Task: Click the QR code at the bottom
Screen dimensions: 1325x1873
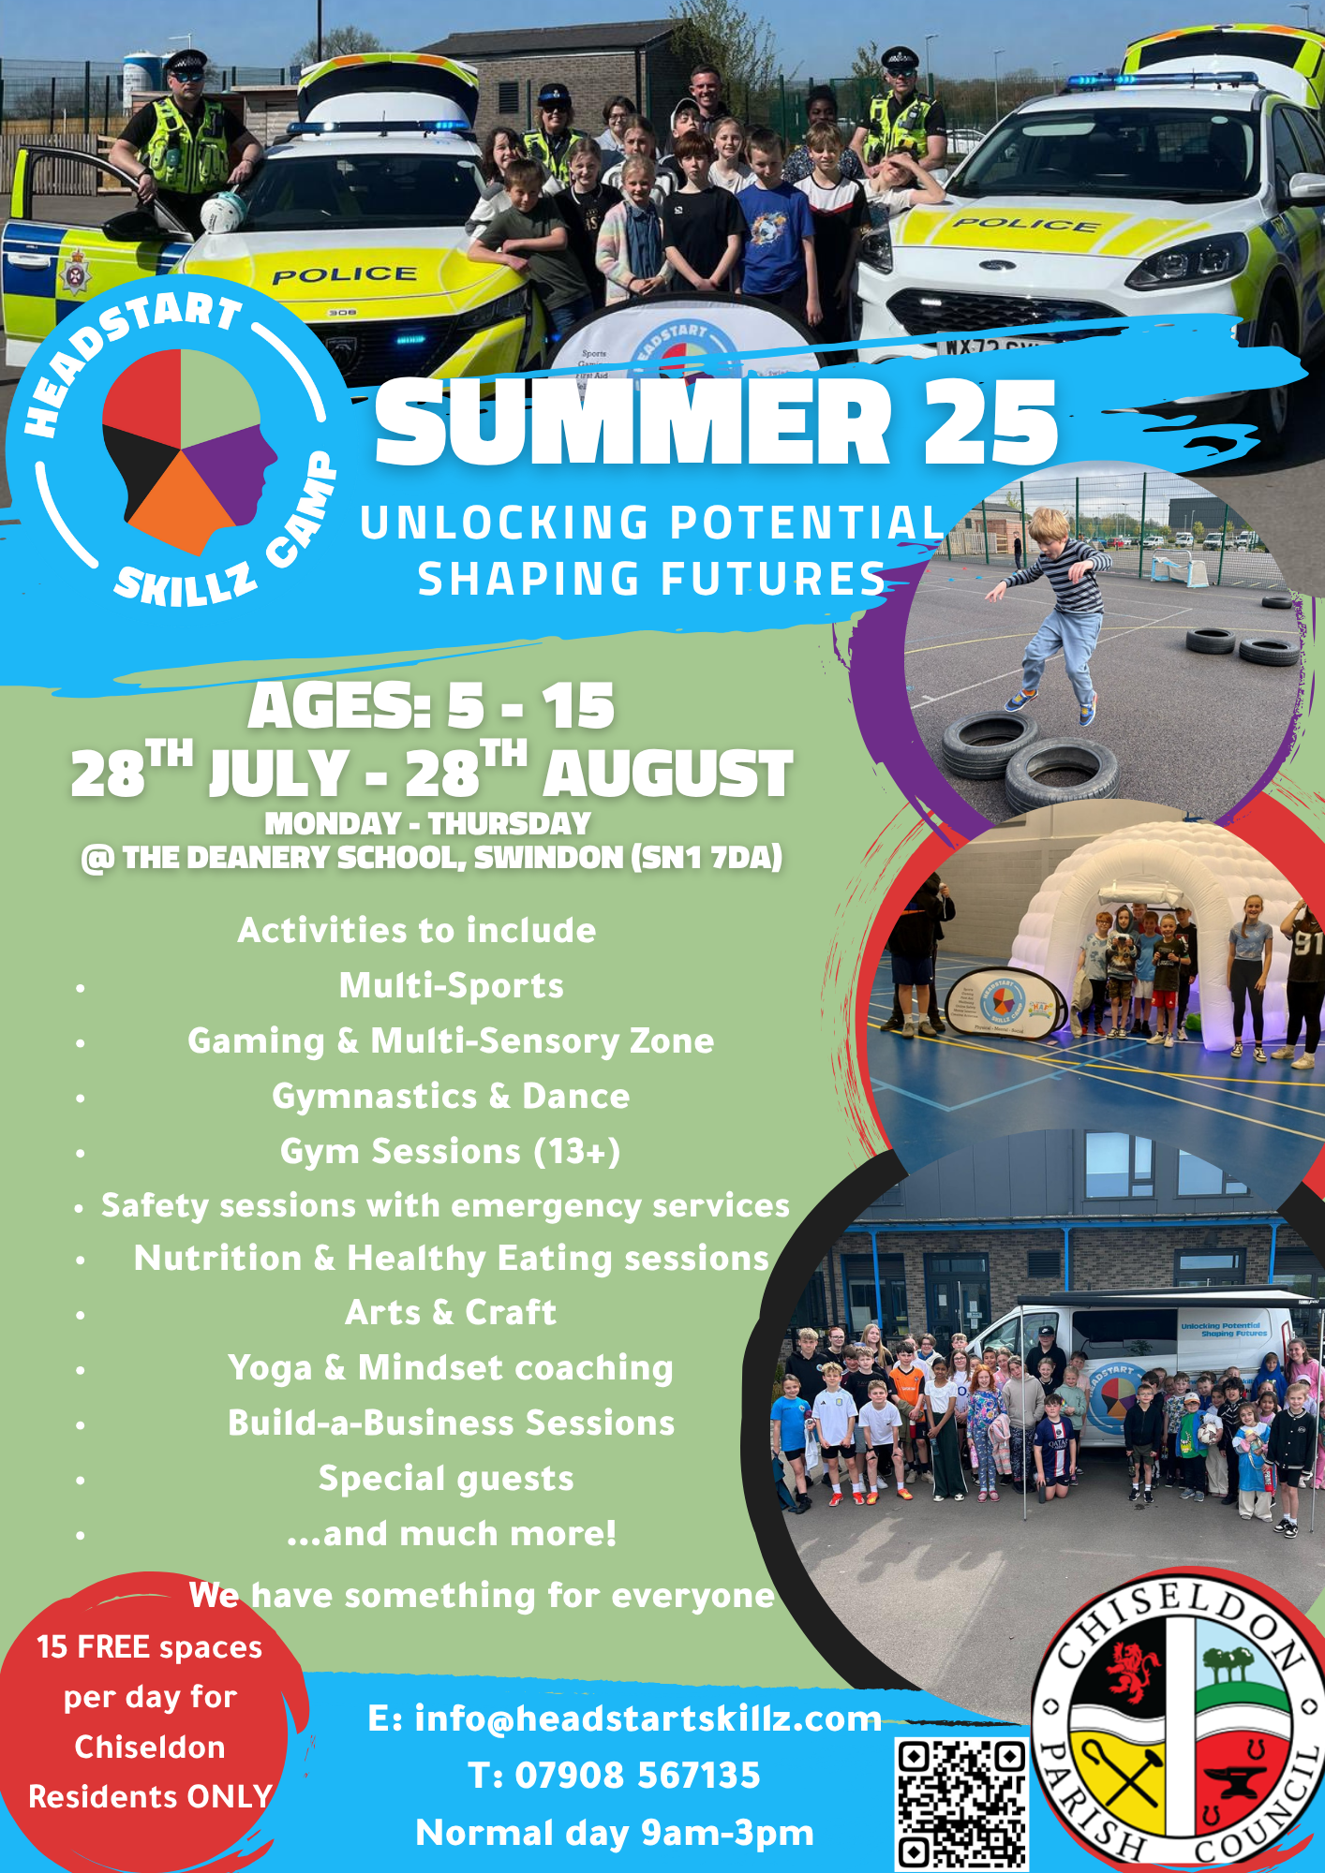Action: [960, 1804]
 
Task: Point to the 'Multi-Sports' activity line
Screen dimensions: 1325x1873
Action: [451, 985]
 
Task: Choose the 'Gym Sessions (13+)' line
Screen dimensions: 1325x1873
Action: [450, 1151]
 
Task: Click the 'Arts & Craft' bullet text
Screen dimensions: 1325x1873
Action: [451, 1312]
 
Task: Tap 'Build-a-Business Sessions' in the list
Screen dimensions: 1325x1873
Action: [451, 1423]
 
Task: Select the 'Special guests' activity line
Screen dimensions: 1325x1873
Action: [446, 1479]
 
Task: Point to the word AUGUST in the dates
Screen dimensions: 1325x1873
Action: [667, 774]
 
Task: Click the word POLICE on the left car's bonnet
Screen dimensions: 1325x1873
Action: [344, 274]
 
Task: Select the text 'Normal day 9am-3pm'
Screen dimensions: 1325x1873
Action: [615, 1833]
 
